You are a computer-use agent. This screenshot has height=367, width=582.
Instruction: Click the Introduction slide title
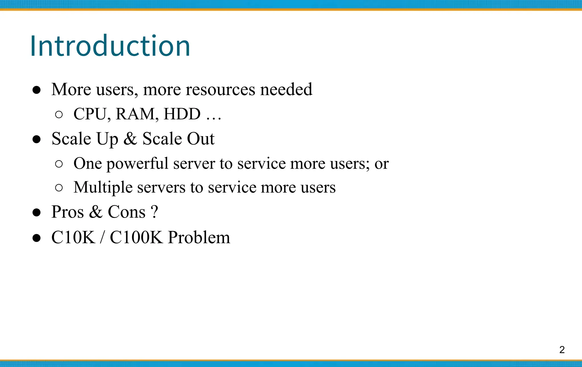pos(110,46)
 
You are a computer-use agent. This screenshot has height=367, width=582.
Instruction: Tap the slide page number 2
pos(562,350)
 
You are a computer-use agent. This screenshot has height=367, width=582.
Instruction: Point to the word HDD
pos(182,114)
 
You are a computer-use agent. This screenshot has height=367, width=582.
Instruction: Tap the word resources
pos(220,89)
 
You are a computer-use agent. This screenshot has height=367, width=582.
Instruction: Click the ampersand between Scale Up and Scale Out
pos(130,139)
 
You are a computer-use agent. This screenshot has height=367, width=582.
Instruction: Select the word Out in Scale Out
pos(201,139)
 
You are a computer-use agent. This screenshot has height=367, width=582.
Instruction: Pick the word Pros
pos(68,212)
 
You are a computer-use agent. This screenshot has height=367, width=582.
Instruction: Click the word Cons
pos(126,212)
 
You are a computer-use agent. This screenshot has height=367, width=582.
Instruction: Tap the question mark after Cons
pos(154,212)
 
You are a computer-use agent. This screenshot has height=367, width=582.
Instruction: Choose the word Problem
pos(199,237)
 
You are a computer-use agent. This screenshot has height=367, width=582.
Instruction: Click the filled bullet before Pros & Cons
pos(36,213)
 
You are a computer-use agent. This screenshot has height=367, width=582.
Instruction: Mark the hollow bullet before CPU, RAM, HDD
pos(59,115)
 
